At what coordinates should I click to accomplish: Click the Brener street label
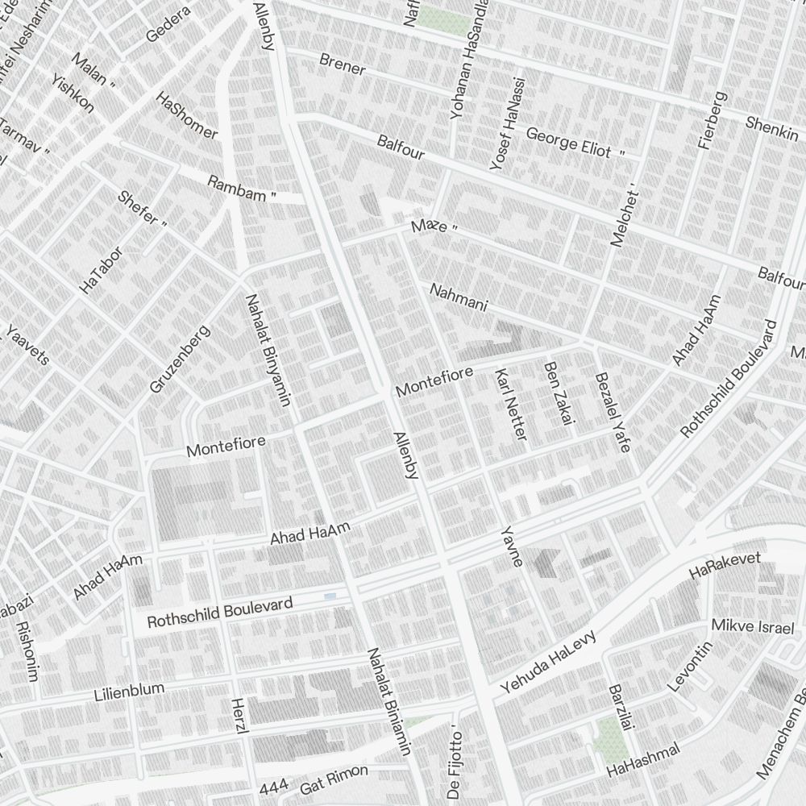pyautogui.click(x=343, y=64)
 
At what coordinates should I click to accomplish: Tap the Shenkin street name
pyautogui.click(x=771, y=128)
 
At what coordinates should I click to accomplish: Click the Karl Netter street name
pyautogui.click(x=510, y=405)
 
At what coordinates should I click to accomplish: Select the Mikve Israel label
pyautogui.click(x=752, y=627)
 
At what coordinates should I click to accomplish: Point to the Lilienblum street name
pyautogui.click(x=129, y=692)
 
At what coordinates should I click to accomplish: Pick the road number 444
pyautogui.click(x=274, y=787)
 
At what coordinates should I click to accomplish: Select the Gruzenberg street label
pyautogui.click(x=179, y=359)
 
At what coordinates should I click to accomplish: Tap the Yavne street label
pyautogui.click(x=512, y=546)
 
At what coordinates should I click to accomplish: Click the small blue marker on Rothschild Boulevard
pyautogui.click(x=330, y=596)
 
